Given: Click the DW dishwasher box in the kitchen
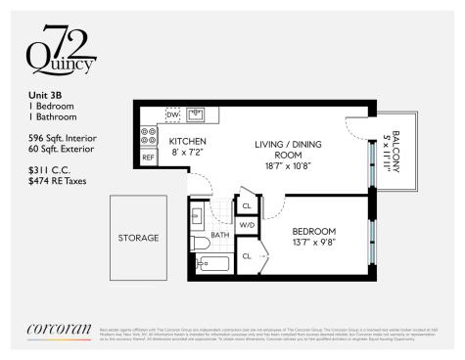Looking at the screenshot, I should (173, 113).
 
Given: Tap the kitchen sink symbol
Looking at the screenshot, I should (195, 113).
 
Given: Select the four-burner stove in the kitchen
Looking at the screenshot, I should (149, 136).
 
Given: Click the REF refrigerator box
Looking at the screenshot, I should (149, 157).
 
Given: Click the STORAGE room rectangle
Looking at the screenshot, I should (138, 238).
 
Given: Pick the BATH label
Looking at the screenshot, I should (220, 235).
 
